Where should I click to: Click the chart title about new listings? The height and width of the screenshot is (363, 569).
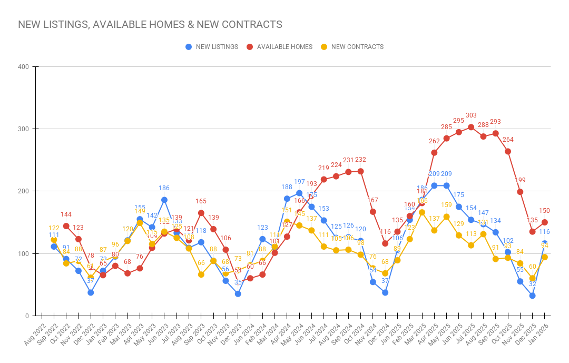coord(150,25)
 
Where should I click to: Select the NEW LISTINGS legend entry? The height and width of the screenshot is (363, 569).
coord(212,47)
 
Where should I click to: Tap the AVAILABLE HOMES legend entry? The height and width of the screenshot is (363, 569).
coord(279,47)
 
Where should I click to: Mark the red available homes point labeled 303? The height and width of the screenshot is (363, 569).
coord(471,127)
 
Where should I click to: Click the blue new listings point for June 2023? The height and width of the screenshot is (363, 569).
coord(164,200)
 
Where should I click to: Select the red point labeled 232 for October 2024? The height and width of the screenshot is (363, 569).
coord(360,171)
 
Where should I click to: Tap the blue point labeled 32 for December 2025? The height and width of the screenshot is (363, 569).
coord(533,296)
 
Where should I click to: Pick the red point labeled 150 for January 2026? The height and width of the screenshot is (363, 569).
coord(545,222)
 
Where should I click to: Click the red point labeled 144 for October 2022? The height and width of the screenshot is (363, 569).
coord(66,226)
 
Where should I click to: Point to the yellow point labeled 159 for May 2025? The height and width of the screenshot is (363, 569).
coord(446,217)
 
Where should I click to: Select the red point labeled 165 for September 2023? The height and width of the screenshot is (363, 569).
coord(201,213)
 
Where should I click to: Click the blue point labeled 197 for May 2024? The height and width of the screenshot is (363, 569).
coord(299,193)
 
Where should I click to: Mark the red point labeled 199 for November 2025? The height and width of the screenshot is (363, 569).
coord(520,192)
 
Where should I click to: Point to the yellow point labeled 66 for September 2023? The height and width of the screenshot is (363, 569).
coord(201,274)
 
